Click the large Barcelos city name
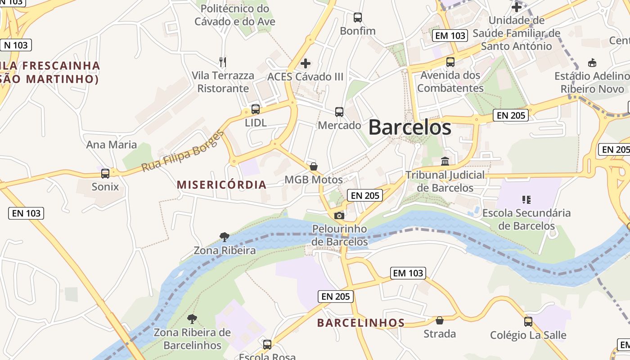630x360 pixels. pos(409,127)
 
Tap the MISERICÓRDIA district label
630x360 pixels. pos(221,185)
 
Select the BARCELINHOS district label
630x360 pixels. pos(361,323)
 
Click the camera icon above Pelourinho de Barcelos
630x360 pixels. pos(339,216)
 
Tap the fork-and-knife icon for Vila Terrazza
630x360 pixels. pos(222,62)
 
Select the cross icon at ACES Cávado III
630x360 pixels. pos(306,63)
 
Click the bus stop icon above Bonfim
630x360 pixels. pos(358,18)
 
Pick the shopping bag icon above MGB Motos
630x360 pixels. pos(314,166)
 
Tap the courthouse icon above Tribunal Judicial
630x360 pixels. pos(445,161)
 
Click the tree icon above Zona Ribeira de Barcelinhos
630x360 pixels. pos(192,319)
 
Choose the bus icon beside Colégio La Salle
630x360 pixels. pos(528,322)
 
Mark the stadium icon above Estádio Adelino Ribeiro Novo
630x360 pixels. pos(592,63)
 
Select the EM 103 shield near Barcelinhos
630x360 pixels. pos(408,273)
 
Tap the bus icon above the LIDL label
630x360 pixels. pos(256,109)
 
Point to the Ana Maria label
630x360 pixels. pos(111,144)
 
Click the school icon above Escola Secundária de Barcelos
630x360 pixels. pos(526,199)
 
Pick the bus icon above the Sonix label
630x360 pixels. pos(105,173)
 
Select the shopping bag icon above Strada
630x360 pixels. pos(440,320)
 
